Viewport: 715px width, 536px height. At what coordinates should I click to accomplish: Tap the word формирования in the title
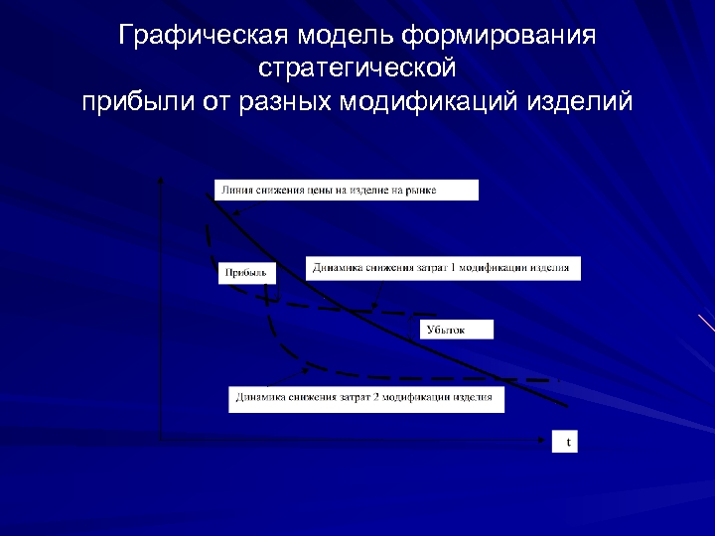500,38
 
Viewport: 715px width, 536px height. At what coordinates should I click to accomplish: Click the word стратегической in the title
357,69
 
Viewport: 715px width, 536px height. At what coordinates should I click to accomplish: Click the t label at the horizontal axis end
566,443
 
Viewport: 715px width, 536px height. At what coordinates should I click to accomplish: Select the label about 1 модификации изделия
443,268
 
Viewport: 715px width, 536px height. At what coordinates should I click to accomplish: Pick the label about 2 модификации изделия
365,399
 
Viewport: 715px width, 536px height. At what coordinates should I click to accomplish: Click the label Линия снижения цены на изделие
345,190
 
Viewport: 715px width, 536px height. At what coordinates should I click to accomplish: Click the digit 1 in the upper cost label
443,268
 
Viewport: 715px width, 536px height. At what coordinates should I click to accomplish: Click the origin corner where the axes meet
161,437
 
